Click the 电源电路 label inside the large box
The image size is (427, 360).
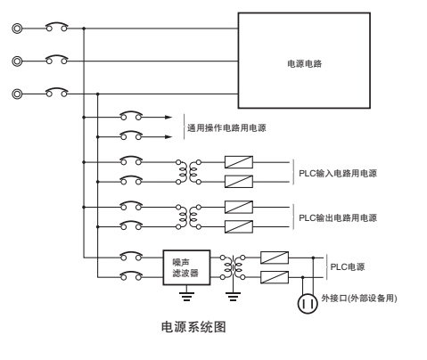pyautogui.click(x=304, y=63)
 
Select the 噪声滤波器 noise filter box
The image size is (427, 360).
pyautogui.click(x=186, y=267)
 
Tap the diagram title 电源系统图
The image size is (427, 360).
pyautogui.click(x=193, y=327)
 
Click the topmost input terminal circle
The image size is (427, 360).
pyautogui.click(x=17, y=29)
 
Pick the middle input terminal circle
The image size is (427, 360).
pyautogui.click(x=17, y=61)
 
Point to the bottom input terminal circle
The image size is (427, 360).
pyautogui.click(x=17, y=94)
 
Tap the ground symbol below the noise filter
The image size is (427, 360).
pyautogui.click(x=186, y=297)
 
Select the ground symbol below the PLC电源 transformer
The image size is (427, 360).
pyautogui.click(x=233, y=297)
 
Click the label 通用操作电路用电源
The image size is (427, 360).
pyautogui.click(x=226, y=127)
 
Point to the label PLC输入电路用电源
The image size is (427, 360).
pyautogui.click(x=338, y=173)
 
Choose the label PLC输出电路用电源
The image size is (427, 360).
pyautogui.click(x=338, y=217)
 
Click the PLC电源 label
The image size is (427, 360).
pyautogui.click(x=348, y=266)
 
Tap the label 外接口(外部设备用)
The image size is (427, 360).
pyautogui.click(x=359, y=298)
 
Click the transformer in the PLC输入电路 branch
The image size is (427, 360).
pyautogui.click(x=188, y=172)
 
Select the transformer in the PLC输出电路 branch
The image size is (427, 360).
pyautogui.click(x=188, y=217)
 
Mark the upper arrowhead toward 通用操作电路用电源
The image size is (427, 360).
pyautogui.click(x=168, y=118)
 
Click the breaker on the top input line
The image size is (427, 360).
pyautogui.click(x=57, y=27)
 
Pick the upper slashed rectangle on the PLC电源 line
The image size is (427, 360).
pyautogui.click(x=275, y=258)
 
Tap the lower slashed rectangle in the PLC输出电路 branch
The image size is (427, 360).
pyautogui.click(x=239, y=226)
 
